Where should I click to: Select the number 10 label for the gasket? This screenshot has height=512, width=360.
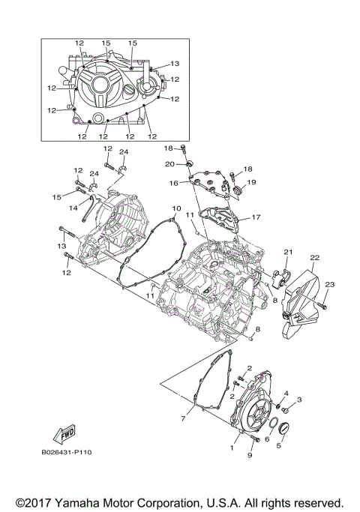pyautogui.click(x=176, y=208)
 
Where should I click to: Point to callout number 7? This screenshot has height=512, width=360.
pyautogui.click(x=182, y=418)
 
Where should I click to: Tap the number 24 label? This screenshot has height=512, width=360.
pyautogui.click(x=124, y=152)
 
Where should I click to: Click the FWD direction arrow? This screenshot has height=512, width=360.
pyautogui.click(x=67, y=433)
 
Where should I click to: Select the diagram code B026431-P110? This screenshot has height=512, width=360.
pyautogui.click(x=68, y=453)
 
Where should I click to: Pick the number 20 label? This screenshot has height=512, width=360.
pyautogui.click(x=169, y=163)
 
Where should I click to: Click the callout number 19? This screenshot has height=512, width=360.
pyautogui.click(x=252, y=182)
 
